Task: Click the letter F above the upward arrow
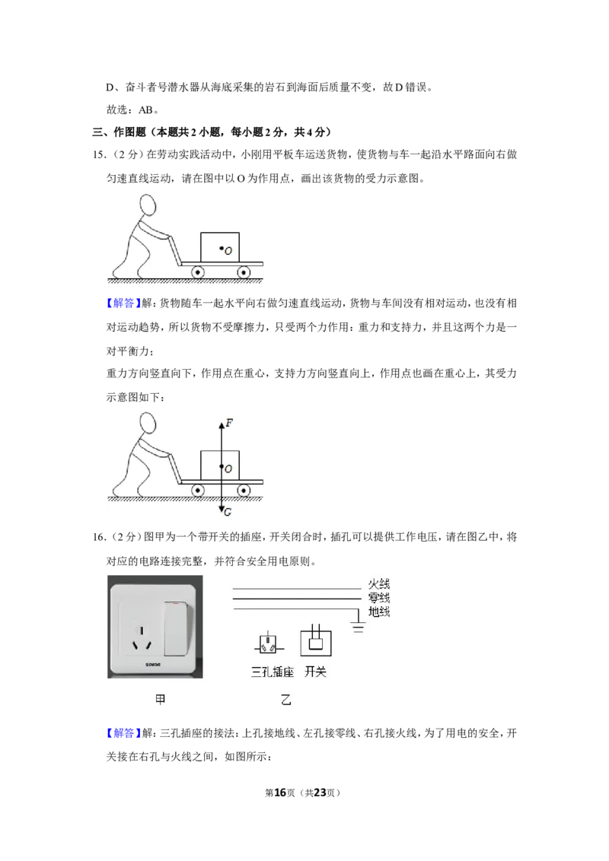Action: tap(229, 423)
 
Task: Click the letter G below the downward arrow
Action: tap(228, 512)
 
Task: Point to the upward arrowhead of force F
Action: tap(221, 424)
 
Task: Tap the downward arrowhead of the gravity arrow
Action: tap(221, 510)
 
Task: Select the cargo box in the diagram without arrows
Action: tap(220, 247)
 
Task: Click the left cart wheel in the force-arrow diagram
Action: tap(197, 491)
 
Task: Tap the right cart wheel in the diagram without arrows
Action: tap(244, 272)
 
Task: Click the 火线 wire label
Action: tap(378, 583)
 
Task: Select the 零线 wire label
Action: tap(378, 597)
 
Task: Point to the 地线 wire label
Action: tap(378, 612)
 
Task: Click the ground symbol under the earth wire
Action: tap(359, 627)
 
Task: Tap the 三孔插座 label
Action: tap(273, 672)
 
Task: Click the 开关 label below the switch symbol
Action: tap(315, 672)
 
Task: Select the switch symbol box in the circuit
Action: tap(316, 642)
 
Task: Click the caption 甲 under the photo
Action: tap(160, 700)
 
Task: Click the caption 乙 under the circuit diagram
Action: tap(285, 700)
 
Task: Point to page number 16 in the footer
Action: tap(280, 793)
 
